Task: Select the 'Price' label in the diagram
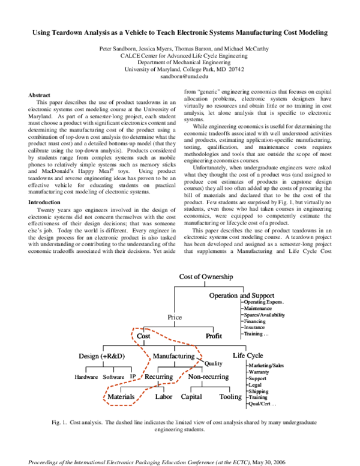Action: click(175, 317)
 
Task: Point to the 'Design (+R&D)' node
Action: click(102, 356)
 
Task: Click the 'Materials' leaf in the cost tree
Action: click(121, 397)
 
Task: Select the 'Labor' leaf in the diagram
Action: click(164, 397)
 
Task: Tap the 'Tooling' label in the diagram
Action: click(230, 397)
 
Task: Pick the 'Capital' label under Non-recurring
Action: click(191, 397)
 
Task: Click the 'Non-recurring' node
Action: click(208, 377)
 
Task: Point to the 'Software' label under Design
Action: click(113, 377)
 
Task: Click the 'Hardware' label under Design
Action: click(86, 377)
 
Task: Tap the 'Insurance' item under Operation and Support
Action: click(256, 328)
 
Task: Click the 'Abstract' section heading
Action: click(40, 95)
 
